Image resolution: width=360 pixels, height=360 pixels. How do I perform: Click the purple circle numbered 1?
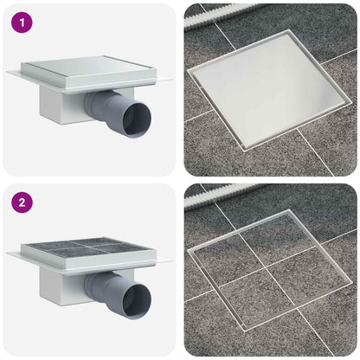coord(22,22)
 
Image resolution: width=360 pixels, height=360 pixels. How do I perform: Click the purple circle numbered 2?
coord(22,202)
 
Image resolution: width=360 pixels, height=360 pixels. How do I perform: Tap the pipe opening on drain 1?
coord(138,119)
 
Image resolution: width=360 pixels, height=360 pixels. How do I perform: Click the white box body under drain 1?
coord(62,106)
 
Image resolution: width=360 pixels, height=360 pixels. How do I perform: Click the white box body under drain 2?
coord(62,286)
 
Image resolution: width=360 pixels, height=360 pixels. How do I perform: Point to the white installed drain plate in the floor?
coord(269,89)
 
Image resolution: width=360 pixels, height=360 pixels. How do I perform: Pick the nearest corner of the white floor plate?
coord(245,151)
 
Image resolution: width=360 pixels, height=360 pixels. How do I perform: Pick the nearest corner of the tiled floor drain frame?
coord(245,331)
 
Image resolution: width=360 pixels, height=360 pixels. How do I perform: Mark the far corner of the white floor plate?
coord(288,29)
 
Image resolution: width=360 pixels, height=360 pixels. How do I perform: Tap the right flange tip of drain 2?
coord(171,261)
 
